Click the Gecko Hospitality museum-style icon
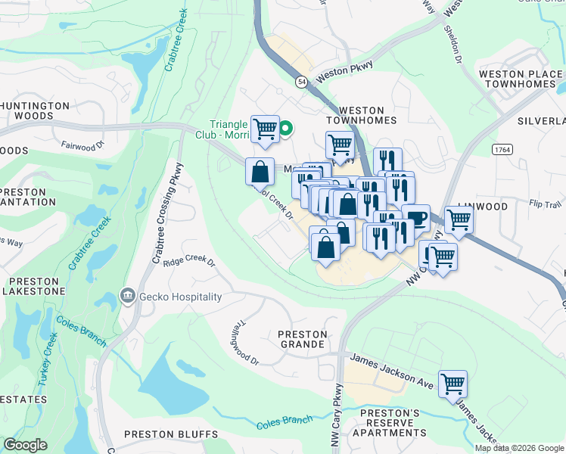128,297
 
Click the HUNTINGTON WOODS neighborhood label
35,111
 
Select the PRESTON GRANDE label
303,339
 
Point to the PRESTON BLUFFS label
170,434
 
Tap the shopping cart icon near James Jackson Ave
452,384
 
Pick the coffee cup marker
415,218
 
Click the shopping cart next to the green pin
265,129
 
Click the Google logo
26,445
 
